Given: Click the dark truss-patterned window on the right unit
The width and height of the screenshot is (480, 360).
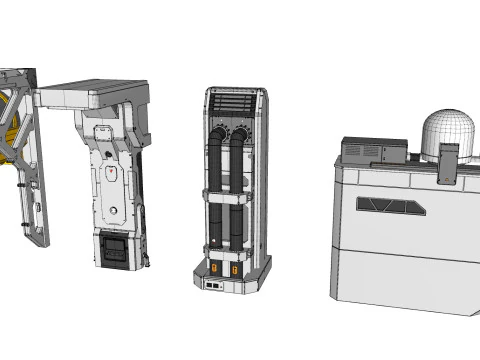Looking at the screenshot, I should pos(391,205).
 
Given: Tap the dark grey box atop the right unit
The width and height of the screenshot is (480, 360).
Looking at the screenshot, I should pos(373,151).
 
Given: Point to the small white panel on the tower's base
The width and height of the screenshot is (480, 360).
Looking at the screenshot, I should pos(212,285).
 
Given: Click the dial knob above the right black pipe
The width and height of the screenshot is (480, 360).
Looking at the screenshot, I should pos(240,134).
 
